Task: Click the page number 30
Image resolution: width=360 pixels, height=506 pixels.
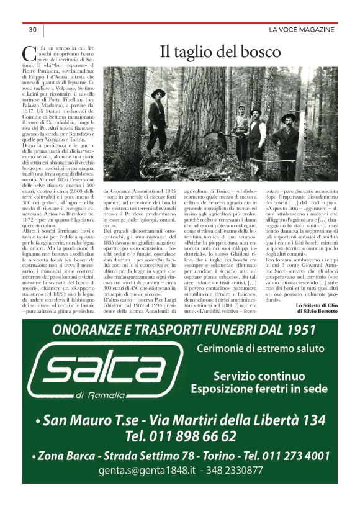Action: pyautogui.click(x=33, y=30)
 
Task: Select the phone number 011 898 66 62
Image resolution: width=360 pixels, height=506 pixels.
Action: pyautogui.click(x=180, y=435)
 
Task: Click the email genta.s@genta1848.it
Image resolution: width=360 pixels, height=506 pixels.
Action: pyautogui.click(x=142, y=470)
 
